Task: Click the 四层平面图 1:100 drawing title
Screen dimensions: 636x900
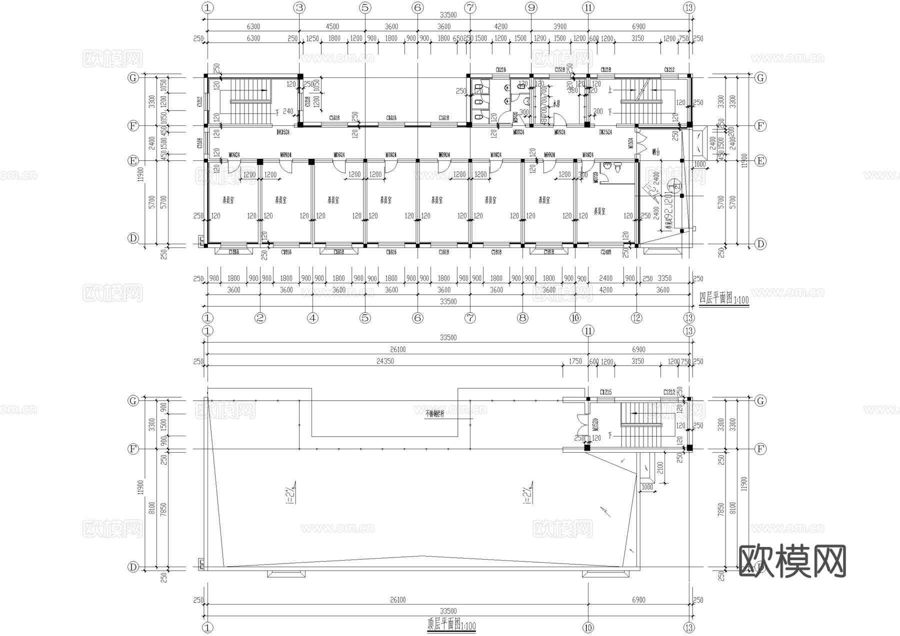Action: pyautogui.click(x=723, y=299)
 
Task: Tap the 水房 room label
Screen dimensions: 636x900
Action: pyautogui.click(x=555, y=104)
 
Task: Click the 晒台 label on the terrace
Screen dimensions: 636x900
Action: pyautogui.click(x=656, y=151)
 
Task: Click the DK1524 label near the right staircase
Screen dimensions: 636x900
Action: pyautogui.click(x=605, y=132)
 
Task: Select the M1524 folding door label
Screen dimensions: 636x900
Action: pyautogui.click(x=630, y=143)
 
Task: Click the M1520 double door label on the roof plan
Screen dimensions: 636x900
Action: pyautogui.click(x=595, y=425)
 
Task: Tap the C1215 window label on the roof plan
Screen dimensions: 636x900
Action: pyautogui.click(x=605, y=392)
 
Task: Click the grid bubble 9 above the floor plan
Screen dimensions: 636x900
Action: pyautogui.click(x=531, y=7)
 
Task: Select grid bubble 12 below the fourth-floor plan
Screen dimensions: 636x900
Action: pyautogui.click(x=636, y=318)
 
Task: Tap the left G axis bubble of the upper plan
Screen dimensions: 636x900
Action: pyautogui.click(x=133, y=77)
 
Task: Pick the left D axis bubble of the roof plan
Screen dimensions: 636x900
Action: pyautogui.click(x=133, y=567)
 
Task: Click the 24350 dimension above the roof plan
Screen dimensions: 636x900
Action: pyautogui.click(x=385, y=361)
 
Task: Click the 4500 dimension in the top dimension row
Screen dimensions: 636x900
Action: pyautogui.click(x=332, y=26)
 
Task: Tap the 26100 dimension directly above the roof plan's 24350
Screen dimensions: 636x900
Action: pyautogui.click(x=397, y=350)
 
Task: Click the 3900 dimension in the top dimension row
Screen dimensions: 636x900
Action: pyautogui.click(x=559, y=26)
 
